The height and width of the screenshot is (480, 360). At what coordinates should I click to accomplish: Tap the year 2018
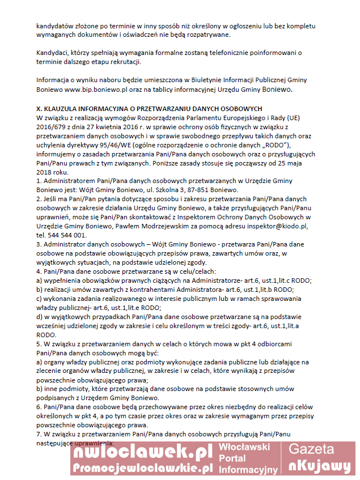[x=45, y=171]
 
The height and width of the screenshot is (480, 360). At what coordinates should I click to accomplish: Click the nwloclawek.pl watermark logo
[x=142, y=452]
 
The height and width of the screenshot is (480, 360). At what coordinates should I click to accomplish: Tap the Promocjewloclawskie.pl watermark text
[x=142, y=468]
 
